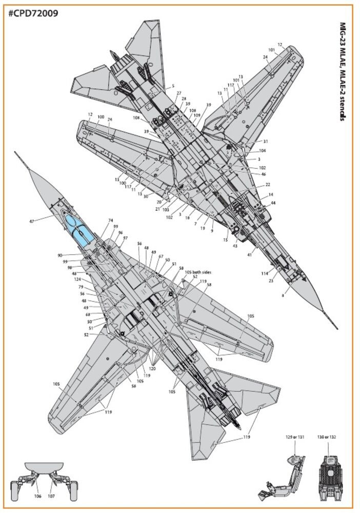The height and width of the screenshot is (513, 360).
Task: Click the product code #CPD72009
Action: point(33,13)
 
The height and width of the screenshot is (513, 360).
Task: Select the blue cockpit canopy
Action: point(81,229)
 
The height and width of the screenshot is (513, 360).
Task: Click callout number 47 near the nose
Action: point(32,221)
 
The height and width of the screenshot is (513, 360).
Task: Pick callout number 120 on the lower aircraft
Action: point(152,368)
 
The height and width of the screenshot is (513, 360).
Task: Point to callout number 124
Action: point(77,280)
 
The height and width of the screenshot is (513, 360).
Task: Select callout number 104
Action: point(263,151)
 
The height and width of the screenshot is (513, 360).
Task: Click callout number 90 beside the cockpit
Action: point(60,255)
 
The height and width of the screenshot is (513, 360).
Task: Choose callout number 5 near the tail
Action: point(173,86)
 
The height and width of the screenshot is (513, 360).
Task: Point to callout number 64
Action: point(273,204)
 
